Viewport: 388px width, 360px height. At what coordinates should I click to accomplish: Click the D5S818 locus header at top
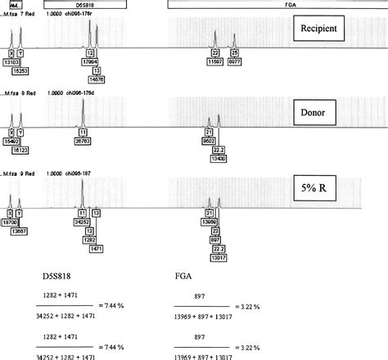[85, 5]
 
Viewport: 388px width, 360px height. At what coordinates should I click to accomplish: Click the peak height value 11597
[215, 62]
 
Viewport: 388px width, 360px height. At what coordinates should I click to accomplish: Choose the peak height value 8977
[235, 62]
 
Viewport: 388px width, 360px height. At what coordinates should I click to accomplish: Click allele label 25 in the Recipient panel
[234, 54]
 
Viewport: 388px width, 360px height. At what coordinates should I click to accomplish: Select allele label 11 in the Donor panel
[83, 131]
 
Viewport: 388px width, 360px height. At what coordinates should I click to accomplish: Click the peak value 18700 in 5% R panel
[11, 221]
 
